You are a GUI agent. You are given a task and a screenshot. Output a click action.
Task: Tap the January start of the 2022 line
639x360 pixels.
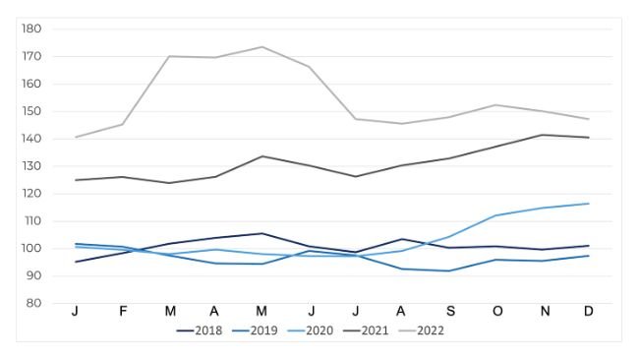75,137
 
